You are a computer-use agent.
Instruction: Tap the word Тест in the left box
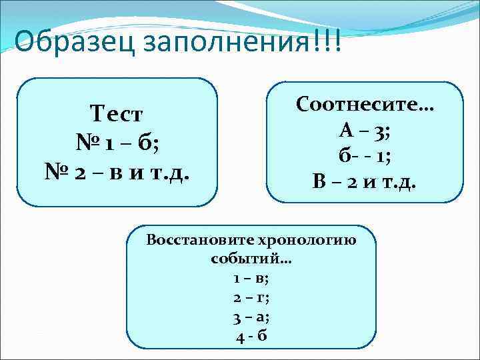point(117,115)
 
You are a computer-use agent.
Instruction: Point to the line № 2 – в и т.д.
point(117,172)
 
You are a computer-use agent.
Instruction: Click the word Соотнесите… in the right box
point(365,104)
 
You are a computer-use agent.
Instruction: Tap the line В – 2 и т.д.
point(365,180)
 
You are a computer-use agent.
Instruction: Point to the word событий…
point(251,259)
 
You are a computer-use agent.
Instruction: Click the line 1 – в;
point(251,278)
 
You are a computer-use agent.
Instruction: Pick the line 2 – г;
point(251,297)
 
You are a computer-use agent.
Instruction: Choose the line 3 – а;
point(251,317)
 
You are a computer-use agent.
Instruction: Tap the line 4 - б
point(251,335)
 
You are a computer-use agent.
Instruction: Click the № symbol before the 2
point(57,172)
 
